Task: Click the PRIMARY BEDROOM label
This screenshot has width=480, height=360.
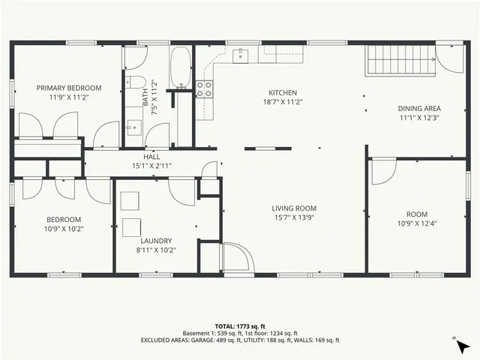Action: point(69,88)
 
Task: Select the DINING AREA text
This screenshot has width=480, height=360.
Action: point(418,108)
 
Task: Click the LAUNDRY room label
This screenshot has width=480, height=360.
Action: point(155,241)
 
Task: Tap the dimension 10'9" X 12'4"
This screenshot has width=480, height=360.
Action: point(416,223)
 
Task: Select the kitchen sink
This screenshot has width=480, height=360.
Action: point(241,54)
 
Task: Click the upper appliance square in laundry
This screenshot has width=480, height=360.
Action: point(130,199)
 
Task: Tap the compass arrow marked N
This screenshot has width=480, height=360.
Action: point(463,346)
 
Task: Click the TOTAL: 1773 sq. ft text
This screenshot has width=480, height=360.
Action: point(239,326)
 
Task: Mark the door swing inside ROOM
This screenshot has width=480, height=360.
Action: point(382,172)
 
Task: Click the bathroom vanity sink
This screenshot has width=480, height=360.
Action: point(132,126)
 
